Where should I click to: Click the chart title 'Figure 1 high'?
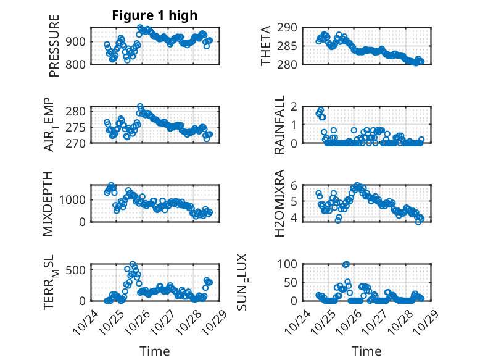[155, 15]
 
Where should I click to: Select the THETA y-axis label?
[267, 46]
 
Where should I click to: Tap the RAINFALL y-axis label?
[279, 125]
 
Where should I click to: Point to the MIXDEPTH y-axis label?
[48, 204]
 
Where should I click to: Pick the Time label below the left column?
[154, 351]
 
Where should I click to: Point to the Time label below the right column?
[367, 351]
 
